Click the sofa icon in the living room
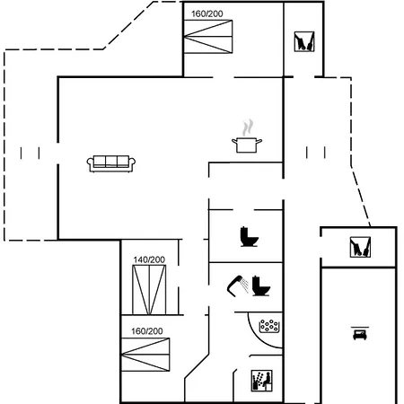click(x=111, y=163)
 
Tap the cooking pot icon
click(x=247, y=145)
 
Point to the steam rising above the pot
click(x=248, y=127)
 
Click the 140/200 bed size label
click(x=149, y=259)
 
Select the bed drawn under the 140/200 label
click(x=149, y=290)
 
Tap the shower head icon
click(x=237, y=285)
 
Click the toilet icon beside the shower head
click(x=261, y=285)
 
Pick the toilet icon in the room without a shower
click(x=250, y=236)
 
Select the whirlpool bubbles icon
click(x=269, y=326)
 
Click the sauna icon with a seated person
click(x=262, y=381)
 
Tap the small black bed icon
click(x=360, y=334)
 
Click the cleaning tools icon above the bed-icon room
click(x=360, y=247)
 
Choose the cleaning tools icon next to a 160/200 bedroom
click(x=304, y=41)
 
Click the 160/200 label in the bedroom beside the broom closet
click(x=207, y=13)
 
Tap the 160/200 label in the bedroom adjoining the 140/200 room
click(x=147, y=331)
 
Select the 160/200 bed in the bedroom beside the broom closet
click(x=208, y=37)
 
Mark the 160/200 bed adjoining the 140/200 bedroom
click(x=145, y=355)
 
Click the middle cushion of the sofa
click(x=111, y=162)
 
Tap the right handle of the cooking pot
click(x=259, y=141)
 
